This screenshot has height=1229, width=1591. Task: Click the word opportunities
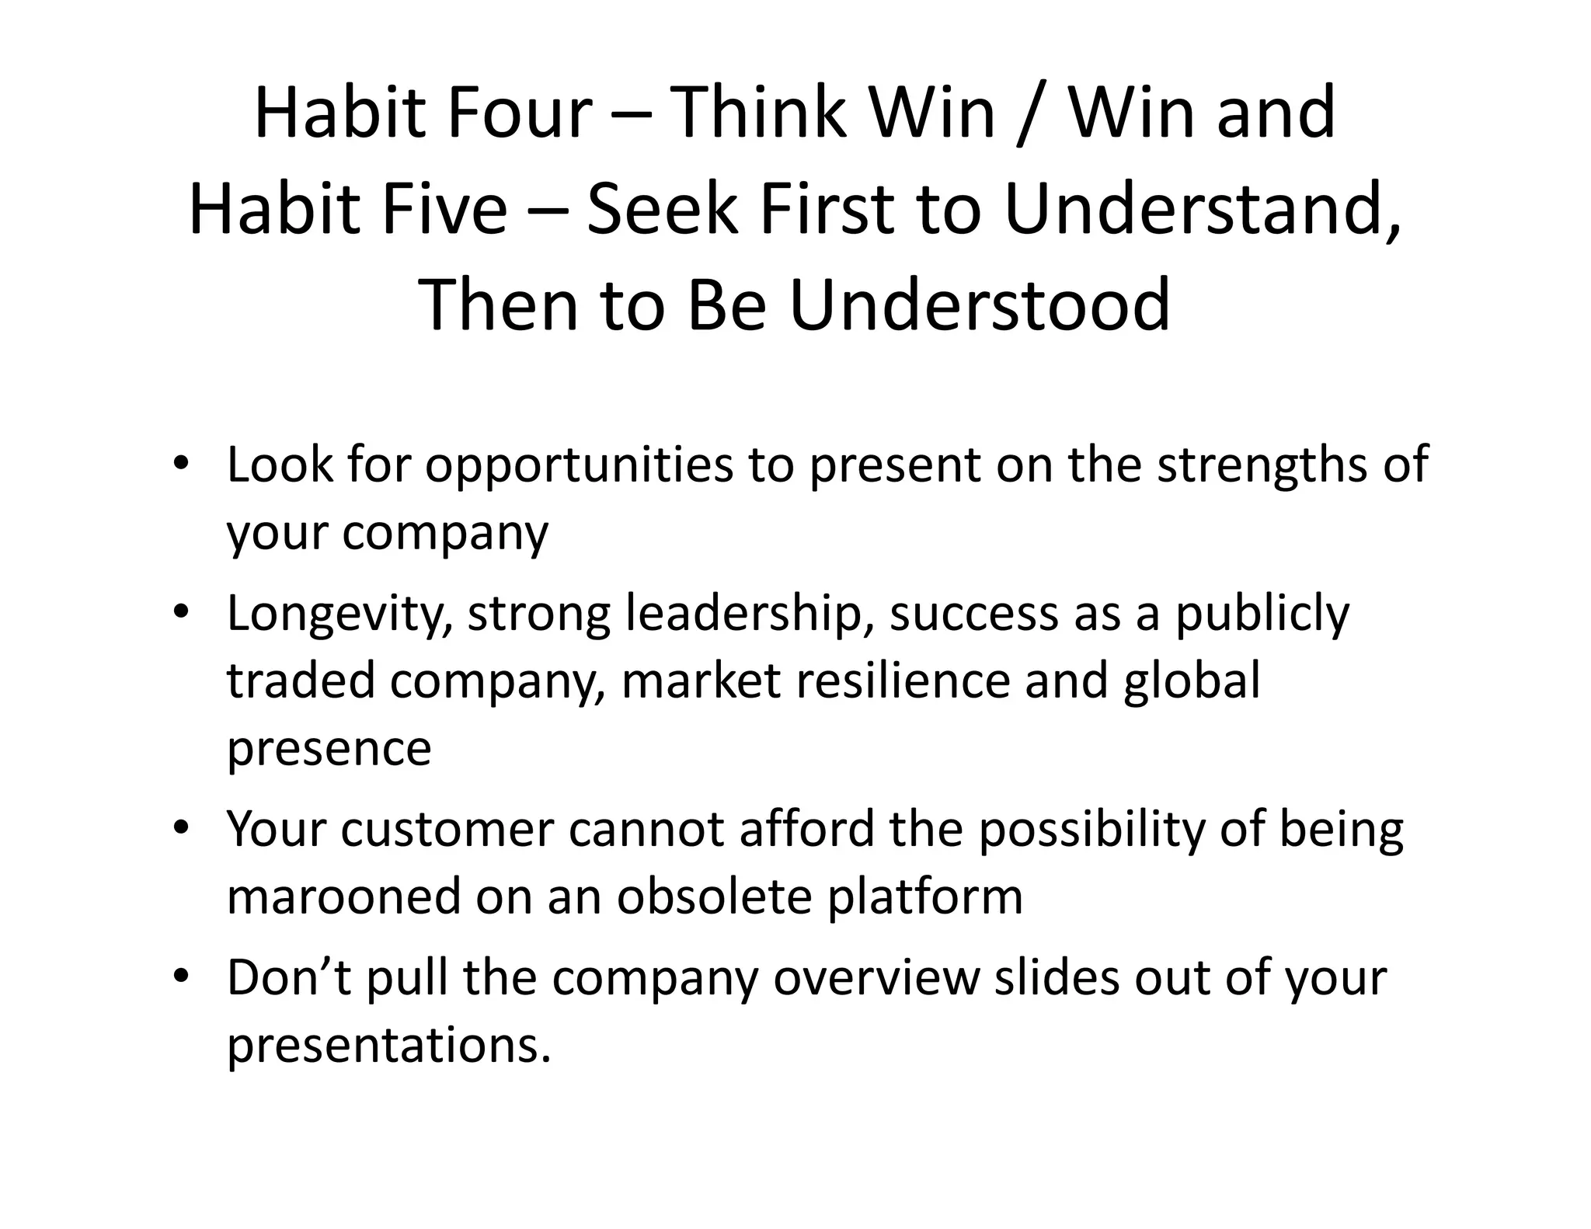[x=579, y=467]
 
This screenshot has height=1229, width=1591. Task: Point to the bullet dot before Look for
[x=180, y=464]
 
